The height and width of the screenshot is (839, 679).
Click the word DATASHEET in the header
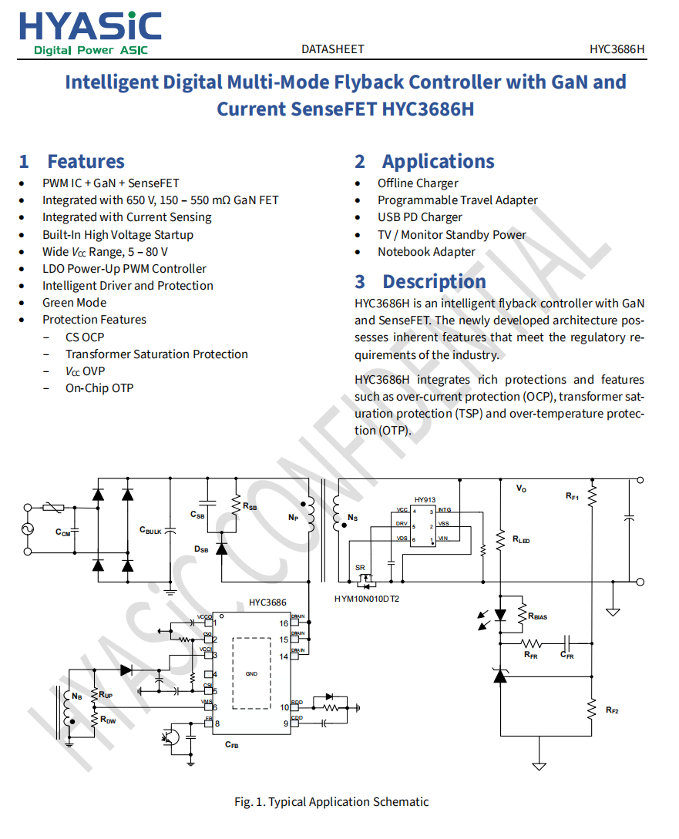[332, 49]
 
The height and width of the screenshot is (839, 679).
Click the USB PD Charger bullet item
[419, 217]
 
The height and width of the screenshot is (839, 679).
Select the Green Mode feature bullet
[74, 303]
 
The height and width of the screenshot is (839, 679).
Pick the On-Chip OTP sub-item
[99, 388]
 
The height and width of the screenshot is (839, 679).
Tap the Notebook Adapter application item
[426, 252]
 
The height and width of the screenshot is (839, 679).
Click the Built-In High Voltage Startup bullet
[117, 235]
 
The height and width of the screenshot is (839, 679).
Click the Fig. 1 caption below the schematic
[331, 802]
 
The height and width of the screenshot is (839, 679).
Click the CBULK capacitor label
[150, 530]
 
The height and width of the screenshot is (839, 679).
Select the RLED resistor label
[521, 540]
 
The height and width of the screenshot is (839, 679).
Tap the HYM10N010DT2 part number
[367, 599]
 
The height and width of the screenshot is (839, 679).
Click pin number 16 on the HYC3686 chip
[284, 623]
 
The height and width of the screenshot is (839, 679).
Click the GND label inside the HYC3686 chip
[251, 674]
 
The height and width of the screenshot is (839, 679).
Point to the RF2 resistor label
[612, 710]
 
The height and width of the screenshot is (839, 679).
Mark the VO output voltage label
[522, 488]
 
